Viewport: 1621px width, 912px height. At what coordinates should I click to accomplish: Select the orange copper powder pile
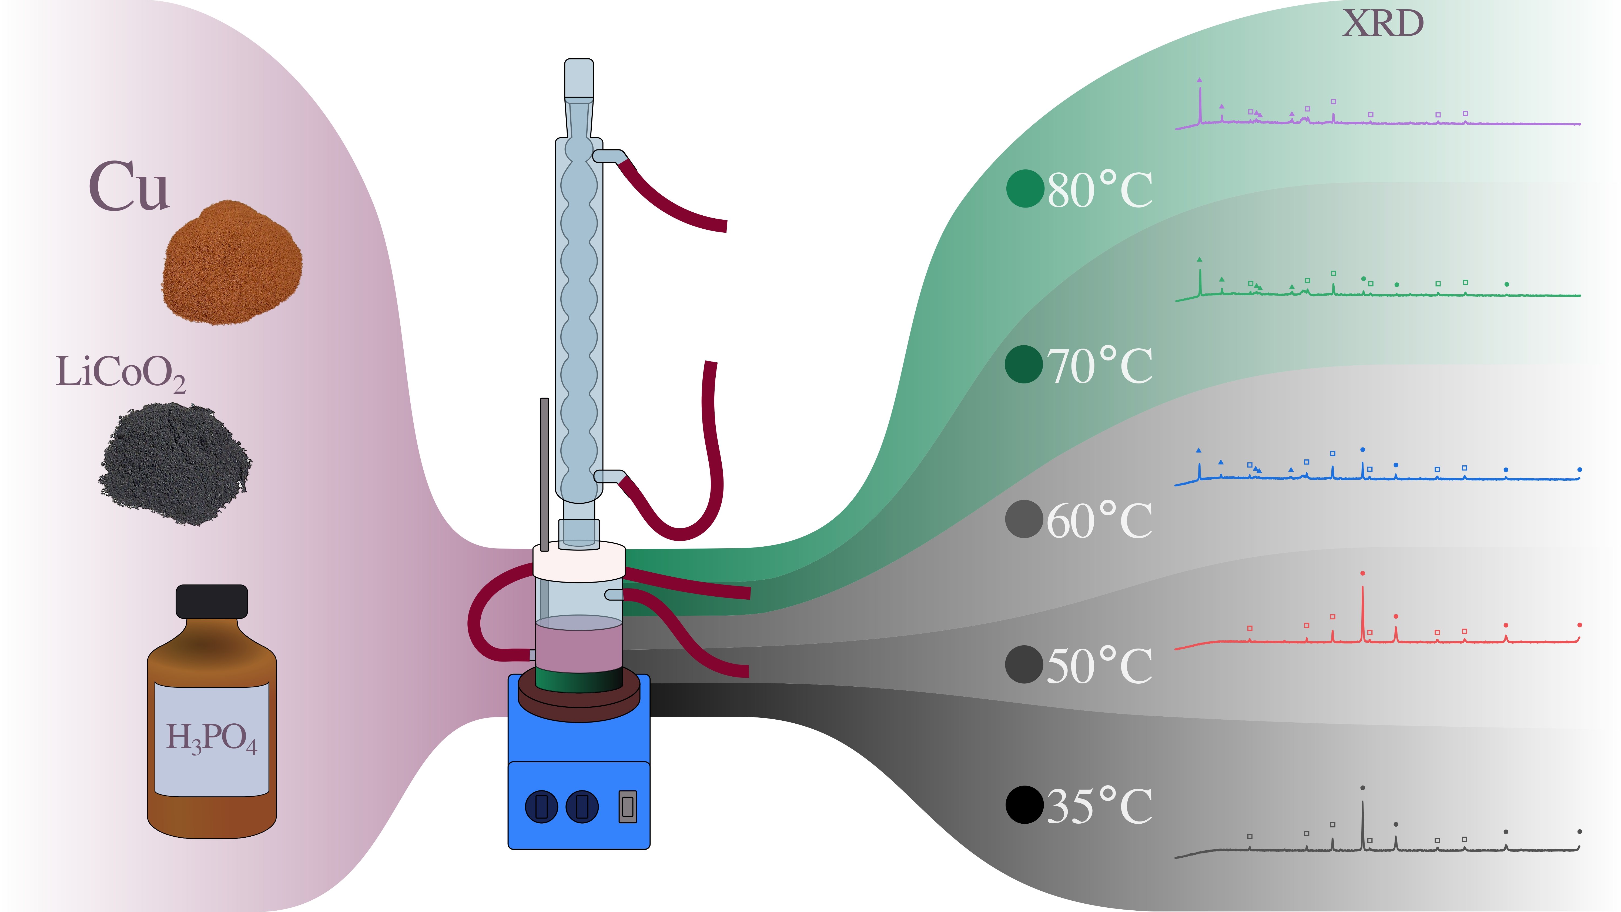(232, 264)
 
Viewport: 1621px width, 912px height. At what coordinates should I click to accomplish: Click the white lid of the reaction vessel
(579, 562)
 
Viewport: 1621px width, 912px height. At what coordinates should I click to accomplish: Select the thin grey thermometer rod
(544, 472)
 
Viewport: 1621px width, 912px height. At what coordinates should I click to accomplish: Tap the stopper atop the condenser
(578, 79)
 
